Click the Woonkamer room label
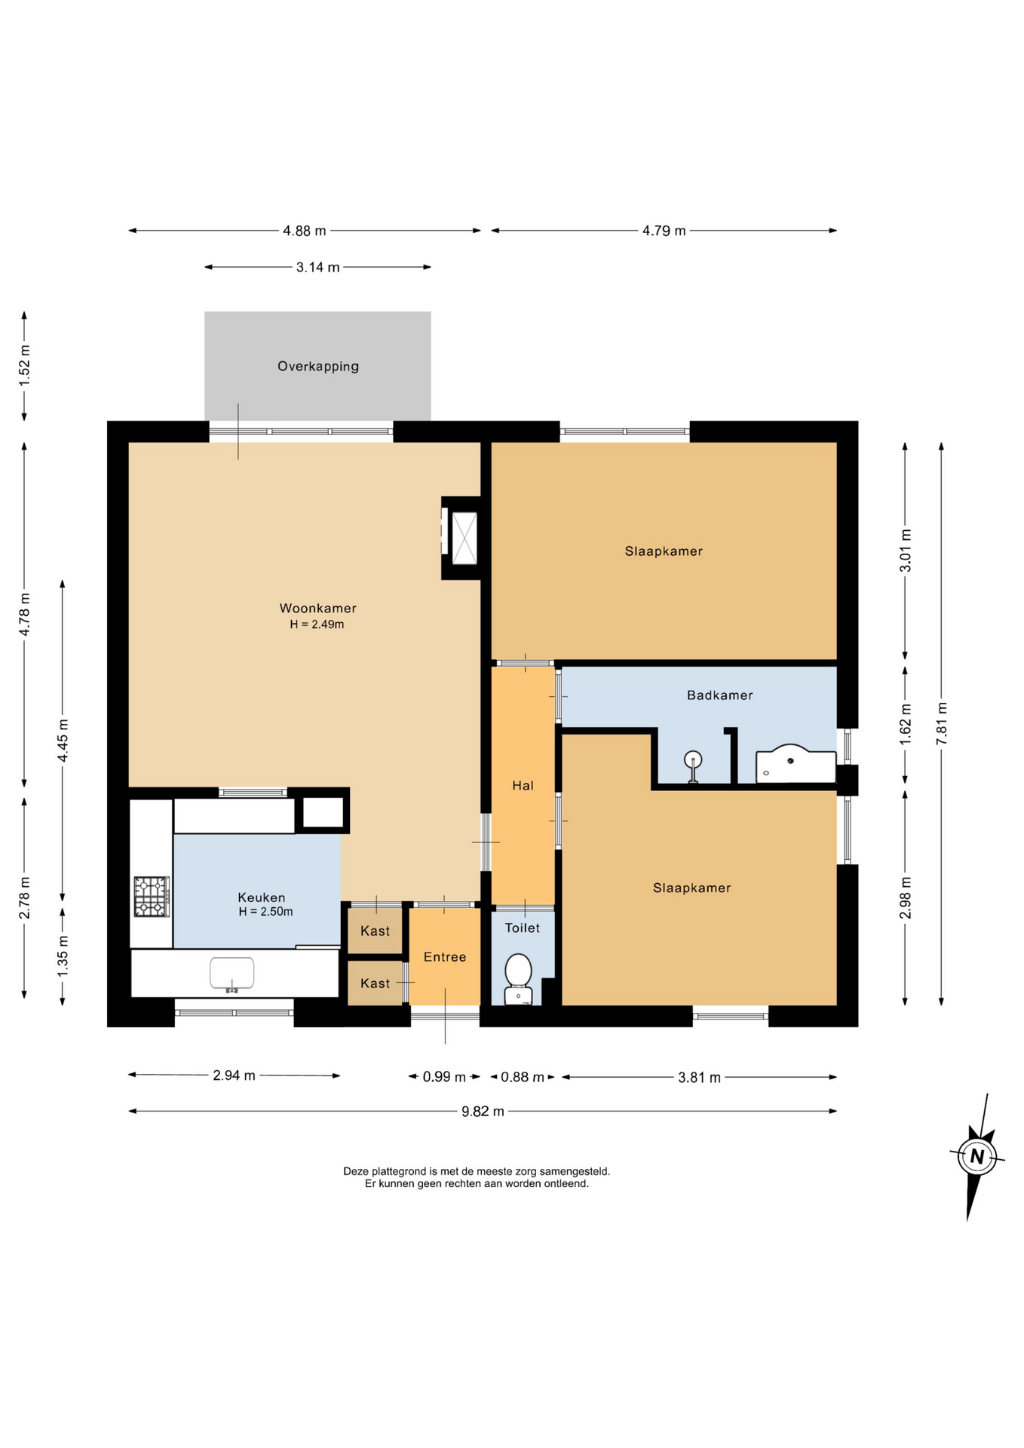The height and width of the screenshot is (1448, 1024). (x=317, y=608)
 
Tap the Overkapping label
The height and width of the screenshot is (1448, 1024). (x=318, y=367)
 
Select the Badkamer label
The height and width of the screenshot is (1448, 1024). (x=719, y=695)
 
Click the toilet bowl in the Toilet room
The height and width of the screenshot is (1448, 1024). (x=518, y=979)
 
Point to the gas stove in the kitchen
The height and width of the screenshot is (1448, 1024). (x=152, y=897)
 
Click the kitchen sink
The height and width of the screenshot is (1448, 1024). (x=231, y=974)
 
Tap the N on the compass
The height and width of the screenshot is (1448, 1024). (x=977, y=1156)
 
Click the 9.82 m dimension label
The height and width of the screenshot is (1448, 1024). (x=483, y=1111)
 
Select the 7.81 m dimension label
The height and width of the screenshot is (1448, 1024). (x=942, y=723)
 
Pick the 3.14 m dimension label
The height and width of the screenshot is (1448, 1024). (x=317, y=267)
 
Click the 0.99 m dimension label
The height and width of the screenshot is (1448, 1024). (x=444, y=1077)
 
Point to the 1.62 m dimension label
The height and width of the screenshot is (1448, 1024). (x=906, y=725)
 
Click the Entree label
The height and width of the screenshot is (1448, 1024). (x=445, y=957)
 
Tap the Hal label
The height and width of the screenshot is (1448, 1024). (x=523, y=786)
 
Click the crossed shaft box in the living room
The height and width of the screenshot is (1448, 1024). (x=464, y=538)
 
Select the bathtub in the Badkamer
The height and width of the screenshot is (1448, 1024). (x=796, y=763)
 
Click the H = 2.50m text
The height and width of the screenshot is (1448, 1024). (x=265, y=912)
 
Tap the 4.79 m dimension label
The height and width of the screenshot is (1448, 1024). (x=664, y=231)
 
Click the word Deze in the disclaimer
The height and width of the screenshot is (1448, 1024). (x=355, y=1171)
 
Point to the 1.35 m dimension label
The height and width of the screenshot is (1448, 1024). (x=63, y=956)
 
